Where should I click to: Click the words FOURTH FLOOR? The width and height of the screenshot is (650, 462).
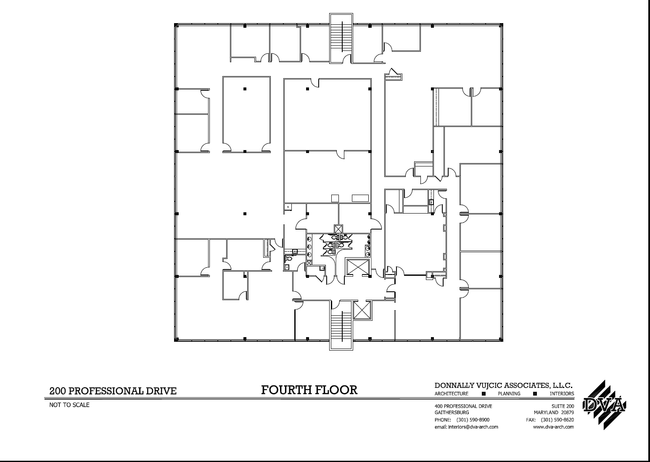[x=309, y=390]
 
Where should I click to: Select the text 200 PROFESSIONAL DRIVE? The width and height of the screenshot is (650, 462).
[x=113, y=391]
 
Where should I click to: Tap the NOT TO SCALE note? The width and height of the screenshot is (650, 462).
[x=69, y=405]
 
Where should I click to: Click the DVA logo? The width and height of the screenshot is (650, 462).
[x=604, y=405]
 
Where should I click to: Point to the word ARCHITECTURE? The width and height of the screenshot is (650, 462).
[x=451, y=394]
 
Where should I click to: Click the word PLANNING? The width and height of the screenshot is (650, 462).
[x=509, y=394]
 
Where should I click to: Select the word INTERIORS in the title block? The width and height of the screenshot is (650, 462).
[x=561, y=394]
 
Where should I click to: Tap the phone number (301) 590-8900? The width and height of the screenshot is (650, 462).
[x=473, y=420]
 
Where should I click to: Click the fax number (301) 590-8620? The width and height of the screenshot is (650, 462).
[x=557, y=420]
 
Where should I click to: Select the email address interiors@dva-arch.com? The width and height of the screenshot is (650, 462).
[x=466, y=427]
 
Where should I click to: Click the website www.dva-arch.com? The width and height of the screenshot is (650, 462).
[x=553, y=427]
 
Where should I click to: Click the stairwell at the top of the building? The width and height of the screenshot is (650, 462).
[x=341, y=38]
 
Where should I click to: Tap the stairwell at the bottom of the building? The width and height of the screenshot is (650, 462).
[x=341, y=326]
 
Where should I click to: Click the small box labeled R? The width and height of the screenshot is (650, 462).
[x=288, y=207]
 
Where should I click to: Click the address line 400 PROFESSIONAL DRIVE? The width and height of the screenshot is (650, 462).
[x=463, y=407]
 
